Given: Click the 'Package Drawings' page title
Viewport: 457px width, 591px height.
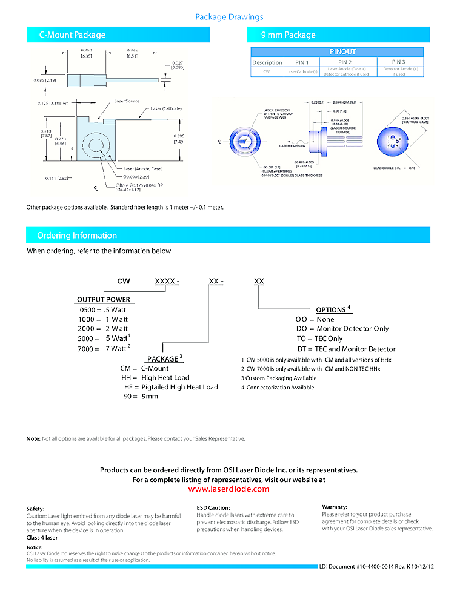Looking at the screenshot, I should pos(229,17).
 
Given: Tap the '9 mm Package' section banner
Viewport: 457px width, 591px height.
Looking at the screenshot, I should pos(288,35).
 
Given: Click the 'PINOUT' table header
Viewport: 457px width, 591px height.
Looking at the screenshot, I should pos(342,52).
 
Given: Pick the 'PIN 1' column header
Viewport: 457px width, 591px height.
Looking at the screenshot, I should pos(302,62).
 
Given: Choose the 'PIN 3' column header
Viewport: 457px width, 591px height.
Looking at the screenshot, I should pos(398,62).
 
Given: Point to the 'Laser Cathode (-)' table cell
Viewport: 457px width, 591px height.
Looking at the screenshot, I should pos(302,71).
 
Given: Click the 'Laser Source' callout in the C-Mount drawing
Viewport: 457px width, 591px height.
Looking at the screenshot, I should pos(127,101).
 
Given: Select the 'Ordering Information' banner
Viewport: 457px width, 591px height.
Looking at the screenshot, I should pos(77,236).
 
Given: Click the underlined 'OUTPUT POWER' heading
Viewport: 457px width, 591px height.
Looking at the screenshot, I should pos(104,300).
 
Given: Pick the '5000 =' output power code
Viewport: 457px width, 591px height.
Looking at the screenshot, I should pos(88,338).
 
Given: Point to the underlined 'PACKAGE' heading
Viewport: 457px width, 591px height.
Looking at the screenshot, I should pos(162,359).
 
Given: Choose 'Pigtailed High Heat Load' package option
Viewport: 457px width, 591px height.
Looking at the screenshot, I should pos(179,387).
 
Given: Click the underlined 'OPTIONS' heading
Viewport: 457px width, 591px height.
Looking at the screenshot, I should pos(331,310).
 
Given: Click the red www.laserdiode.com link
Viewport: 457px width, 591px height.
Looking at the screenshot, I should pos(228,489).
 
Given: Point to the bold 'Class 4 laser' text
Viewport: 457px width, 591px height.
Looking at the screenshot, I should pos(42,537).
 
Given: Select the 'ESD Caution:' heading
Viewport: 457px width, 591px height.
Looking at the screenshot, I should pos(213,507).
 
